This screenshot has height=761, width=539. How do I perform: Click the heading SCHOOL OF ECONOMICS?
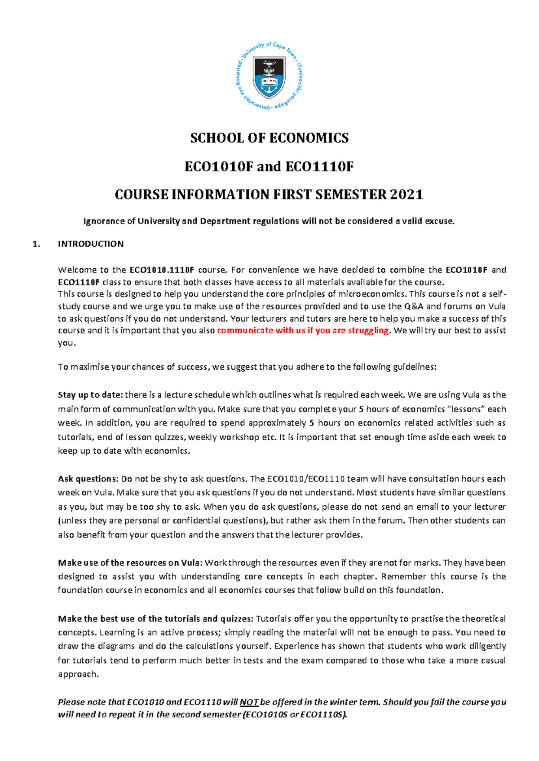(269, 138)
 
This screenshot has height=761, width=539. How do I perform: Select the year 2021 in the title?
(406, 195)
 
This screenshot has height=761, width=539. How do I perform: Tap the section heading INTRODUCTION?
(91, 244)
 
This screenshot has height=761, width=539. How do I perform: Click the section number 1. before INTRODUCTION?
(36, 244)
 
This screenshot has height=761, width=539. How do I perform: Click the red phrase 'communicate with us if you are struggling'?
(304, 331)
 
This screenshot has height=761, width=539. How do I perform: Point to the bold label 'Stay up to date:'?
(90, 395)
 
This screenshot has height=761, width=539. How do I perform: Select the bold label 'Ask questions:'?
(88, 479)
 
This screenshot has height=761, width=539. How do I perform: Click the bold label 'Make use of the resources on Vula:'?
(130, 563)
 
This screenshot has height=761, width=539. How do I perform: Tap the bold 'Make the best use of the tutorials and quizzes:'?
(155, 619)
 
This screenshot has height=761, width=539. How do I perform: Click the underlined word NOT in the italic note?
(249, 702)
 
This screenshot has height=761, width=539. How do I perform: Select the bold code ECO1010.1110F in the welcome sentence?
(162, 270)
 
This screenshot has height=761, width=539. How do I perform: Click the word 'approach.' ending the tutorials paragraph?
(78, 674)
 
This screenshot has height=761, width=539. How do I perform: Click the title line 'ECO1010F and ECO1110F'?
(269, 167)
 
